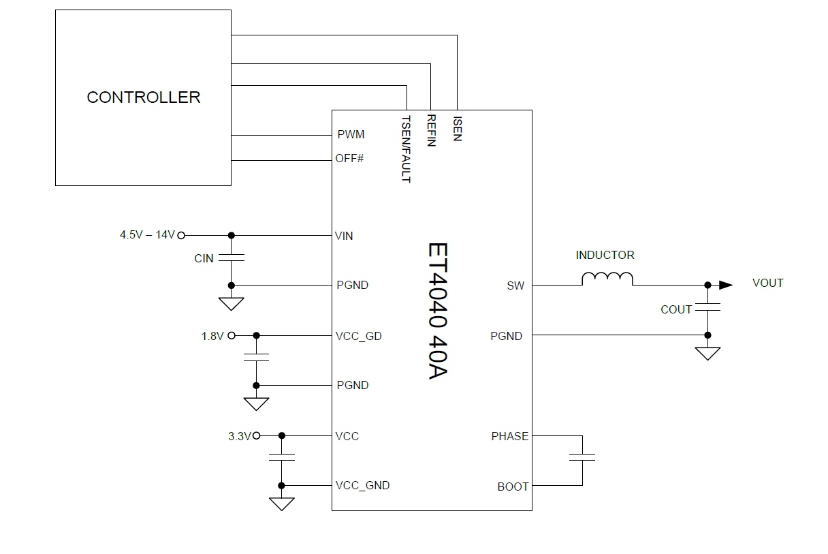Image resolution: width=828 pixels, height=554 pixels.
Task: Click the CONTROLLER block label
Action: point(144,97)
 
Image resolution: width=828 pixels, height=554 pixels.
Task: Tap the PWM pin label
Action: point(351,135)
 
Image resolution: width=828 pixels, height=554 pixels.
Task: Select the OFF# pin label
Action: point(350,159)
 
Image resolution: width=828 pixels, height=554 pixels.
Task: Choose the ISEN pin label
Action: point(457,128)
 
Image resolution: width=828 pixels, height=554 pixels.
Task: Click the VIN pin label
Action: point(345,236)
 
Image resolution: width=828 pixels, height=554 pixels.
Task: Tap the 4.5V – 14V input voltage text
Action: point(147,235)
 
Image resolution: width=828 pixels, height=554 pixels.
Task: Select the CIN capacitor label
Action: point(204,259)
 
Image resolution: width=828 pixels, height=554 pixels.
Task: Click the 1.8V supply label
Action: point(212,336)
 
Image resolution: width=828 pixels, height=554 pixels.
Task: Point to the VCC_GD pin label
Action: point(358,336)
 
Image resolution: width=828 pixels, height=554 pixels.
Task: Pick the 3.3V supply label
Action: point(240,436)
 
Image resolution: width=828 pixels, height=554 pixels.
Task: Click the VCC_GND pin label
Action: point(362,486)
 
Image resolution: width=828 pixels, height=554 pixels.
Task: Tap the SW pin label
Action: point(515,286)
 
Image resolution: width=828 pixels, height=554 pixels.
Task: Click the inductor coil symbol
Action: point(607,279)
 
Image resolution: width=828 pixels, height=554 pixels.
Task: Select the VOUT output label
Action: point(767,283)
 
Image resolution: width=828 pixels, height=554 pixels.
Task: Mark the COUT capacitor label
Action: point(676,309)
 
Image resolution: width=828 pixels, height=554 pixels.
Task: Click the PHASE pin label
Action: point(509,436)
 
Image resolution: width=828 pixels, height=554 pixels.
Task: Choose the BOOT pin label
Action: point(513,487)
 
